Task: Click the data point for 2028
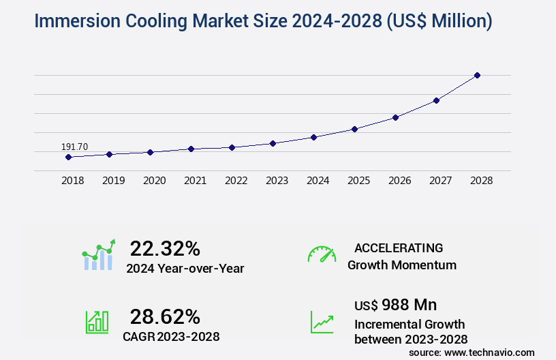tap(477, 75)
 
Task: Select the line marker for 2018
tap(68, 157)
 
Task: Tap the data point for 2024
tap(313, 137)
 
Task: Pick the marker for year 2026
tap(395, 117)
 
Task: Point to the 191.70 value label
tap(74, 147)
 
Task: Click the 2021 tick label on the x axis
tap(195, 181)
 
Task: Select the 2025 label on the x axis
tap(358, 181)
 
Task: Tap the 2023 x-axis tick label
tap(277, 181)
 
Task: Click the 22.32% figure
tap(165, 248)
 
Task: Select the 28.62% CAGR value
tap(165, 316)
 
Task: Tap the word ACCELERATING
tap(399, 247)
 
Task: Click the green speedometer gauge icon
tap(322, 254)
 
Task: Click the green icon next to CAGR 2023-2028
tap(97, 322)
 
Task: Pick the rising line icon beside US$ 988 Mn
tap(322, 322)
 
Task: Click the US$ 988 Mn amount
tap(396, 304)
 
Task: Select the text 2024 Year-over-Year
tap(185, 269)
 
